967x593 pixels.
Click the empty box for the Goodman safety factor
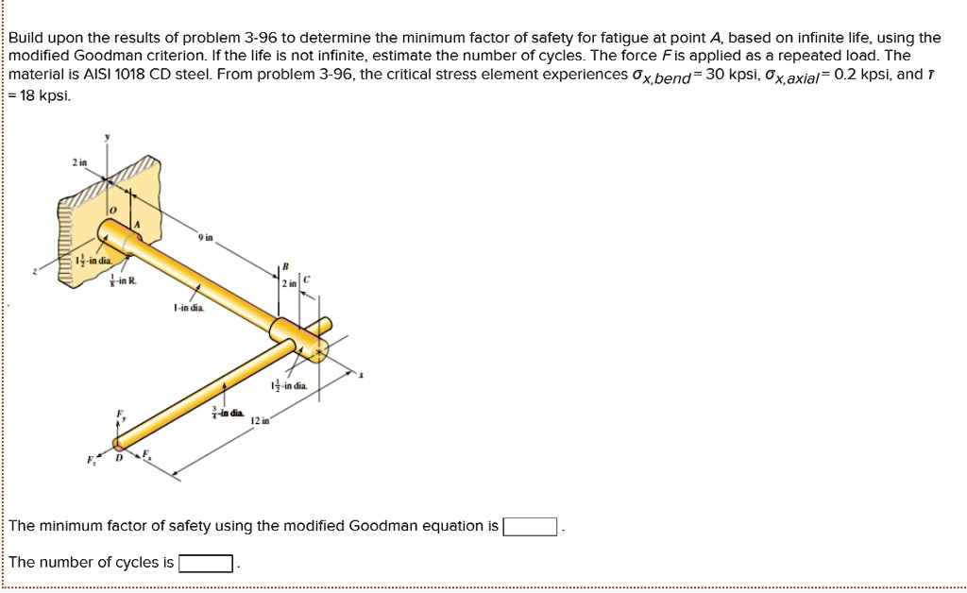[x=532, y=527]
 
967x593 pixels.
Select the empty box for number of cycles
[x=206, y=564]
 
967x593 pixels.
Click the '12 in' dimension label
[x=261, y=420]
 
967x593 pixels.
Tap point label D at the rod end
[x=118, y=459]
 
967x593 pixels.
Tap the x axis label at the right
[x=361, y=375]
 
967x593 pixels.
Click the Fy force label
[x=120, y=415]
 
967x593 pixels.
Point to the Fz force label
[x=92, y=460]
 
